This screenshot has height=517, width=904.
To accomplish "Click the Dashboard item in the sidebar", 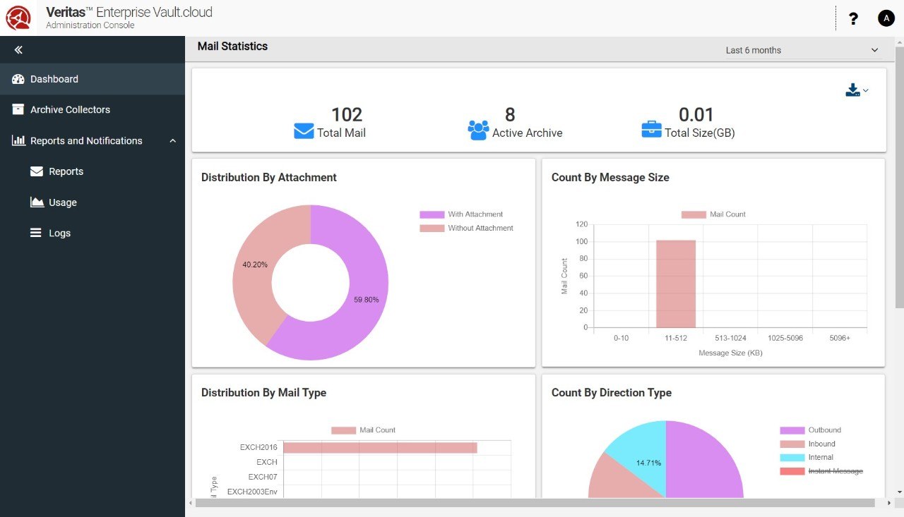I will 54,79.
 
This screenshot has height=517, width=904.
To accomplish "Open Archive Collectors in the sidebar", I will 70,110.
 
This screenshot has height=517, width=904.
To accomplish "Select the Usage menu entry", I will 62,202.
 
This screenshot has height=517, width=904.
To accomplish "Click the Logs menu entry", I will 59,233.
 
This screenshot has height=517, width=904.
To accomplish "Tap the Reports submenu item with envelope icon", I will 66,171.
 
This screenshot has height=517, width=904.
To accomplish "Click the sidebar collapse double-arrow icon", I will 18,50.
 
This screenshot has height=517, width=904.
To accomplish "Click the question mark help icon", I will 853,19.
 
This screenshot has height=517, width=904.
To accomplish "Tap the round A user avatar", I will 886,19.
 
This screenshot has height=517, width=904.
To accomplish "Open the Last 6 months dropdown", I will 801,50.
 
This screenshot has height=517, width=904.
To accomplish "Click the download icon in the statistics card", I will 853,90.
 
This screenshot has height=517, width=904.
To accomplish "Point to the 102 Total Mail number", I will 346,114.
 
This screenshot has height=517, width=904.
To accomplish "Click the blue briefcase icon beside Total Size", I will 651,130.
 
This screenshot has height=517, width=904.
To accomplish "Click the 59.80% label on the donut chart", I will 366,300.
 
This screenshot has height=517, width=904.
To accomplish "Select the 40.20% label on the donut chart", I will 254,264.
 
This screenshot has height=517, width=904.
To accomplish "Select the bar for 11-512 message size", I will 676,284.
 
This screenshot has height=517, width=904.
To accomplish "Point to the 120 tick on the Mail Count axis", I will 581,224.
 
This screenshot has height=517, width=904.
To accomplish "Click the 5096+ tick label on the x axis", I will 840,339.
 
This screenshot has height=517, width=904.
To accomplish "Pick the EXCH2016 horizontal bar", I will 380,448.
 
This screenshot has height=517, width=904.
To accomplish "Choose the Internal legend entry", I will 821,458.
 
